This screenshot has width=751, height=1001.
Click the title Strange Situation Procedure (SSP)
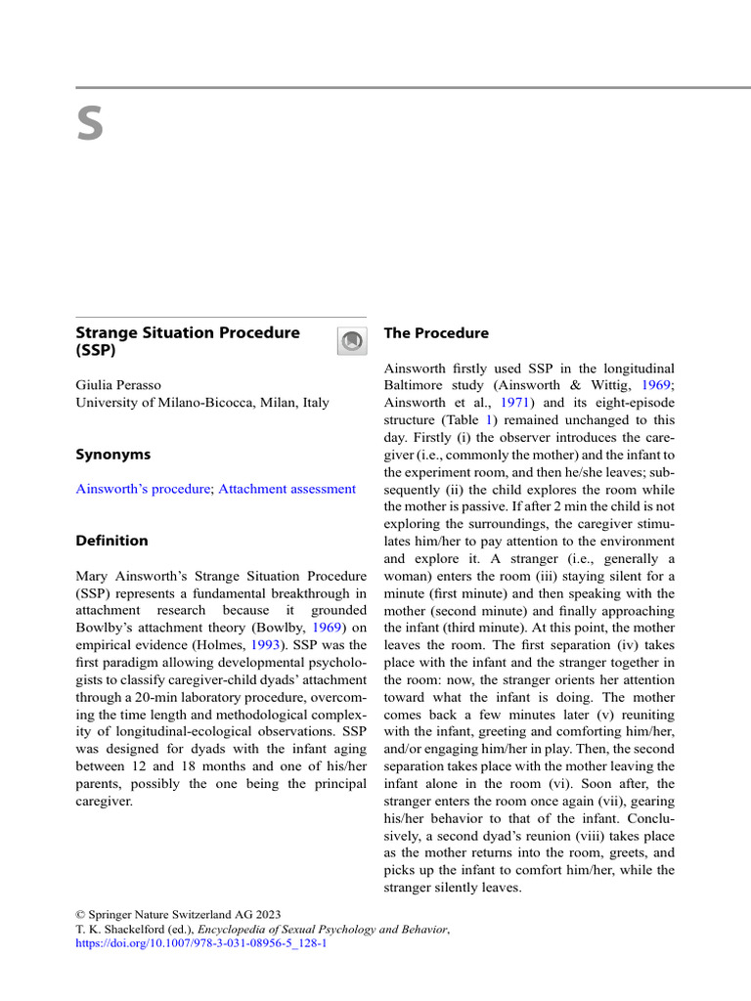coord(188,341)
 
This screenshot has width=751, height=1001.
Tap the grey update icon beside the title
coord(352,341)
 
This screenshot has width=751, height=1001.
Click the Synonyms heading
coord(113,455)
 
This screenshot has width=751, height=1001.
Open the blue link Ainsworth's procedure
coord(143,489)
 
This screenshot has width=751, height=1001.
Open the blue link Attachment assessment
coord(287,489)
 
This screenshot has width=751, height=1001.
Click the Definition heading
coord(112,541)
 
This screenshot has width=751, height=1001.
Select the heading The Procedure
coord(436,333)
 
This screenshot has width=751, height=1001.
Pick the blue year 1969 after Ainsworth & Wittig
coord(657,385)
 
